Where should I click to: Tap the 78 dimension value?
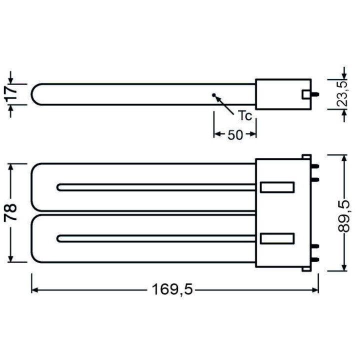point(12,212)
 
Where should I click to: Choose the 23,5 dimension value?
point(342,93)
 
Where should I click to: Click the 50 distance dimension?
point(235,134)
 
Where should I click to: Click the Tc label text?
point(243,116)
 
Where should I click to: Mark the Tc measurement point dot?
point(214,94)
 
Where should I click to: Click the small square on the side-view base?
point(305,93)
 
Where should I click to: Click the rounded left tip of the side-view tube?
point(34,93)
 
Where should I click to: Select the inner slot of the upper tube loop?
point(157,187)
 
